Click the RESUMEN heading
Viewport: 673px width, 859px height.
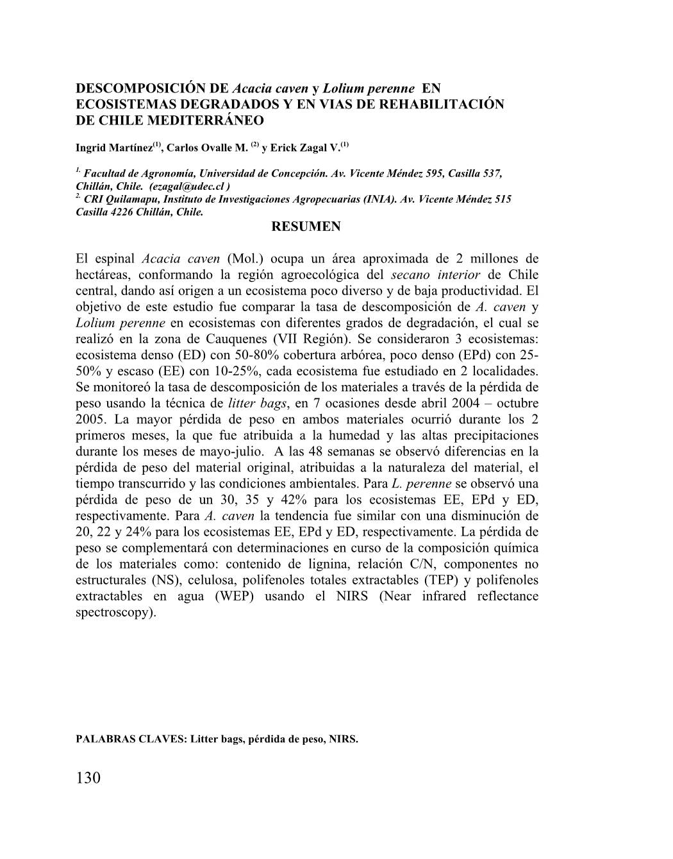pos(306,226)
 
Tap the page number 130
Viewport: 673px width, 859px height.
pos(88,778)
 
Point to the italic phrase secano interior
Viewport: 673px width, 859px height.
pos(432,275)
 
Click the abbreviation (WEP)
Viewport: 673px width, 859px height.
pos(235,596)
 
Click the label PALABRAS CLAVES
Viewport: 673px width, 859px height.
pos(131,738)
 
